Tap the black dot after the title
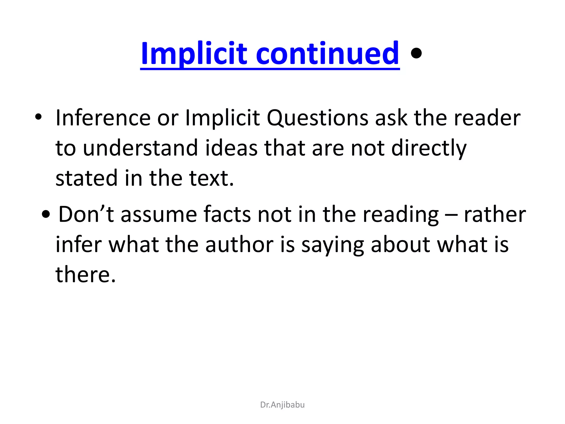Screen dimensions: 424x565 coord(416,53)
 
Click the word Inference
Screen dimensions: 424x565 coord(103,118)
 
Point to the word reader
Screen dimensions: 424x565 coord(487,118)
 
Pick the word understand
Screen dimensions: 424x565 coord(140,148)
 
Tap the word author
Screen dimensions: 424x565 coord(239,245)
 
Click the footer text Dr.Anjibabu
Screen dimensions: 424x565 coord(282,405)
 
